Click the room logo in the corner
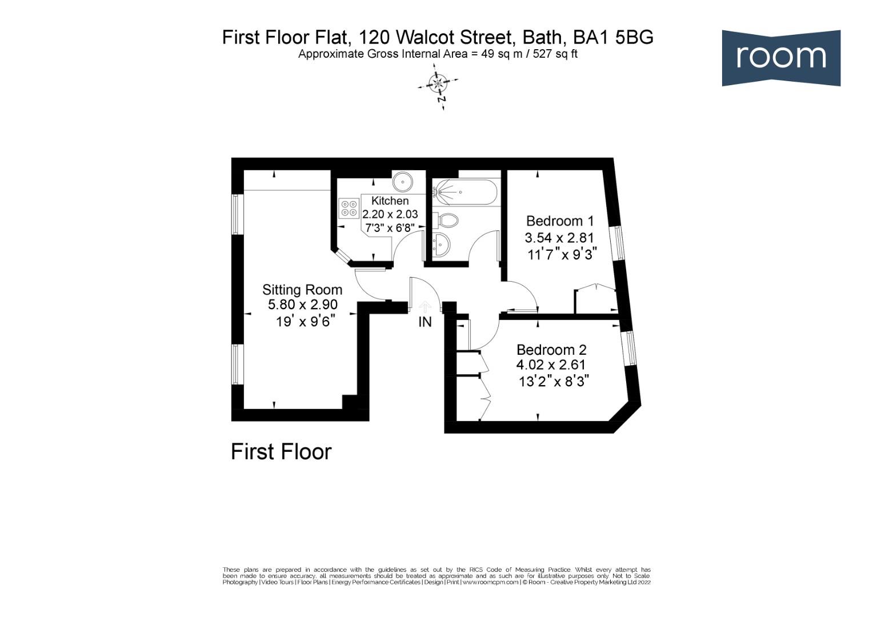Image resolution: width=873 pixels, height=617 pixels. pos(780,58)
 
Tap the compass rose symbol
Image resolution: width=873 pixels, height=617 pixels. pos(438,85)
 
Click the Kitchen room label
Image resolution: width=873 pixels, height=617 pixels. pos(390,201)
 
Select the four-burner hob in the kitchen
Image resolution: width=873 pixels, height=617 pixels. pos(348,208)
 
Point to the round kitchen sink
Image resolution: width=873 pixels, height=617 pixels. pos(403,182)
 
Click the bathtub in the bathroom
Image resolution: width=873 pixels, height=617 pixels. pos(465,192)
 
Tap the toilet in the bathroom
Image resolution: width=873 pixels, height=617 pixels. pos(447,220)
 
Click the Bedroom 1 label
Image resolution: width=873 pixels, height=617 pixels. pos(560,221)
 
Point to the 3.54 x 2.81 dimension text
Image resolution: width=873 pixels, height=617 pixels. pos(559,238)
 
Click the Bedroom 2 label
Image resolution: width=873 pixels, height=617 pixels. pos(551,350)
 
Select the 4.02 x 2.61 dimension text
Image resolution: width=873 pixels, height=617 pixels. pos(551,364)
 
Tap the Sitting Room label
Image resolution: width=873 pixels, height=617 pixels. pos(302,290)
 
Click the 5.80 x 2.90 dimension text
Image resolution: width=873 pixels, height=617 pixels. pos(303,305)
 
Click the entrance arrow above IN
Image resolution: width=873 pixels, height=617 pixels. pos(425,307)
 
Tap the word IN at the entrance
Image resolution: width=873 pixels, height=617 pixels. pos(425,322)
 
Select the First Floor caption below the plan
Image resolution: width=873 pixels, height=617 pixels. pos(281,452)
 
